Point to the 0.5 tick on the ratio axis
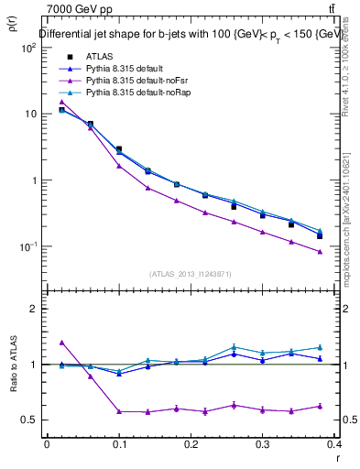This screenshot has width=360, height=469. [31, 420]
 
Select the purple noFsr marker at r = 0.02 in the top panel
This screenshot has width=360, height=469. [61, 102]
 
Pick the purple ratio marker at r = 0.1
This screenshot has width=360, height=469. [119, 411]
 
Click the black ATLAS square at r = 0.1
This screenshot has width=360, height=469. [119, 148]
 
